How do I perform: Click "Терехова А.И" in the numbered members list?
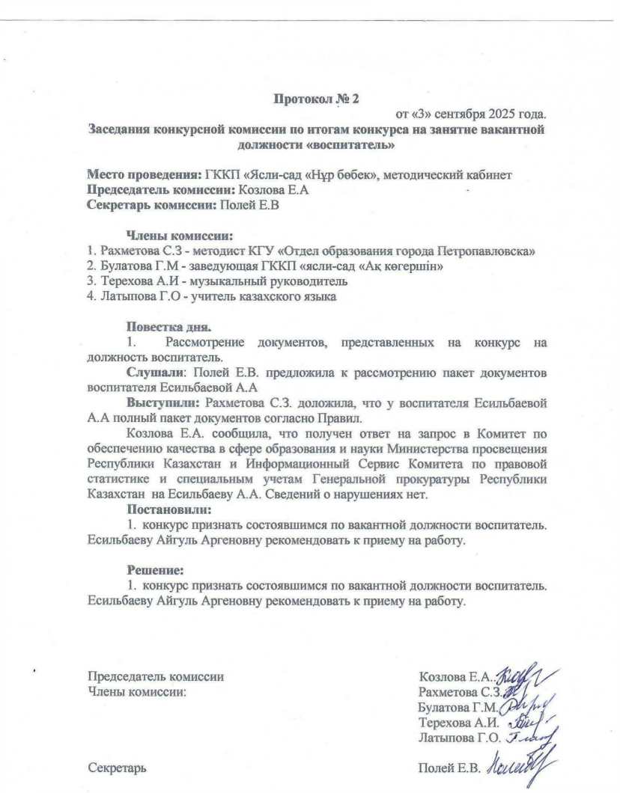(134, 281)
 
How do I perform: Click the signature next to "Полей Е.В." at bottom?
(518, 765)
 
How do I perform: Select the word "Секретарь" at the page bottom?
(117, 768)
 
